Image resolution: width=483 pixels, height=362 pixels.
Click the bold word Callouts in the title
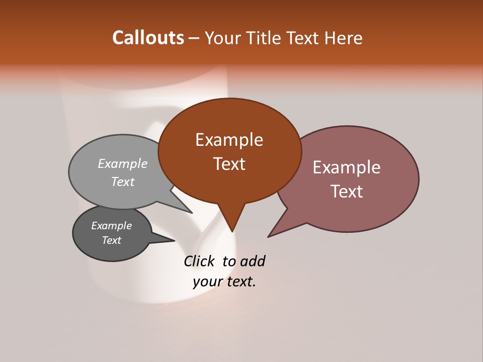point(148,38)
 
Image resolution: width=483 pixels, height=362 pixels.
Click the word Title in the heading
point(264,38)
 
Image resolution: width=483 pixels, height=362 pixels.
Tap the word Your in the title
point(223,38)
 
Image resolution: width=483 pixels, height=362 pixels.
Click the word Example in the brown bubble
point(229,140)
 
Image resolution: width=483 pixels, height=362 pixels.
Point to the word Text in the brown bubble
point(229,164)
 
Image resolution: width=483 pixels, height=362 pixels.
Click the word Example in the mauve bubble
point(347,167)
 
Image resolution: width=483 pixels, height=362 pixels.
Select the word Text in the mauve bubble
point(347,192)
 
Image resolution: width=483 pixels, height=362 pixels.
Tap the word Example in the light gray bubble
point(123,163)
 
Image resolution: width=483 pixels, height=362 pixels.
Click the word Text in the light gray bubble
point(123,182)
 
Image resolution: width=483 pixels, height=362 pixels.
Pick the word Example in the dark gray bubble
point(111,226)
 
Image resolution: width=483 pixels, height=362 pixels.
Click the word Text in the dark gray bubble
point(111,240)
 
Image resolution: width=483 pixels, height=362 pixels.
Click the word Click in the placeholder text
point(200,261)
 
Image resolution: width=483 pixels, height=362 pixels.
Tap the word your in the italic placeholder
point(207,282)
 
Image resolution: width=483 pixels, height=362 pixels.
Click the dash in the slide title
point(195,38)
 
